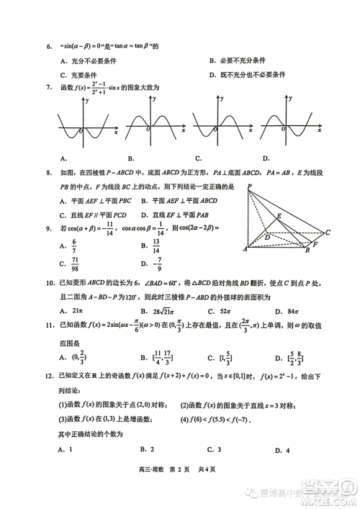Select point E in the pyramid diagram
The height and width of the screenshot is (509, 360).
279,215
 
